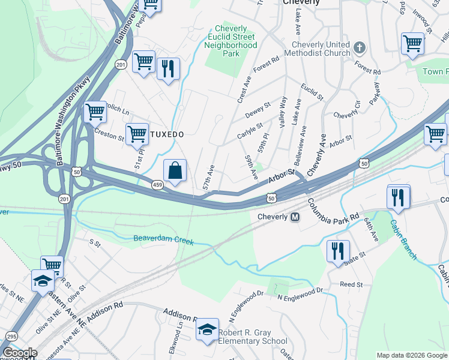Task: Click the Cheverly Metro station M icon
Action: tap(295, 217)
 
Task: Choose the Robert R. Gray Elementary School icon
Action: tap(207, 330)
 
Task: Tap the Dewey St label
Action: tap(259, 107)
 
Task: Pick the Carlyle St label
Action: tap(250, 130)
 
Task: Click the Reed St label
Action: tap(351, 284)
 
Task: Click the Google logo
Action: tap(19, 353)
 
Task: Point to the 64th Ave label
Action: tap(371, 230)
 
